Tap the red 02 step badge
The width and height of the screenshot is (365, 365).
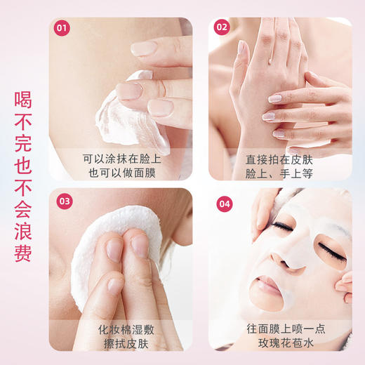click(223, 29)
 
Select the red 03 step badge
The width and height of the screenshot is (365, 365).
click(64, 201)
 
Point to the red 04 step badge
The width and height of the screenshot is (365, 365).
click(224, 204)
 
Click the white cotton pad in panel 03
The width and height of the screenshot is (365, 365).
click(91, 239)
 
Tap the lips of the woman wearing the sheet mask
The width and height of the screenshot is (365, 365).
click(271, 284)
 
